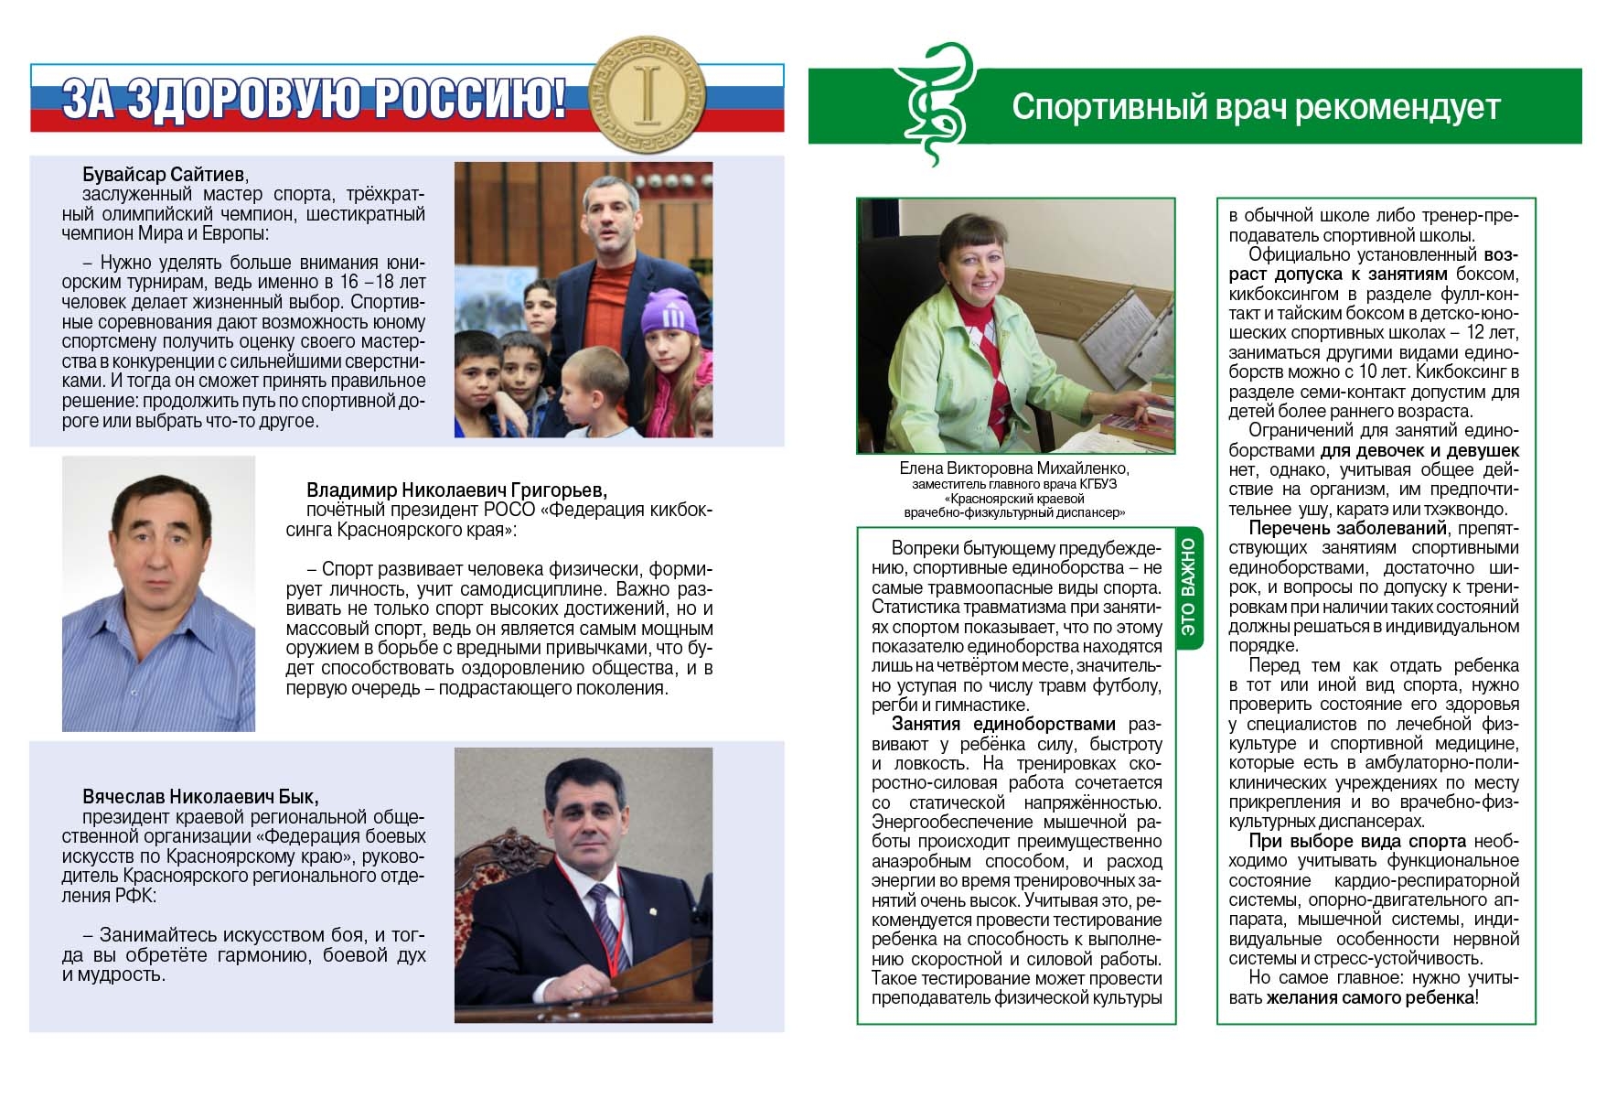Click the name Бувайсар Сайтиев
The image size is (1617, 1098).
(x=165, y=175)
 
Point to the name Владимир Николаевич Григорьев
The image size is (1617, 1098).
(x=456, y=490)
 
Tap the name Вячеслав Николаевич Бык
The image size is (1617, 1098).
(x=201, y=796)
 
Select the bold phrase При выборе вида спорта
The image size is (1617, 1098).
(x=1357, y=841)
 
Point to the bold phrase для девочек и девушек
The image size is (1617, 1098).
(x=1419, y=450)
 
